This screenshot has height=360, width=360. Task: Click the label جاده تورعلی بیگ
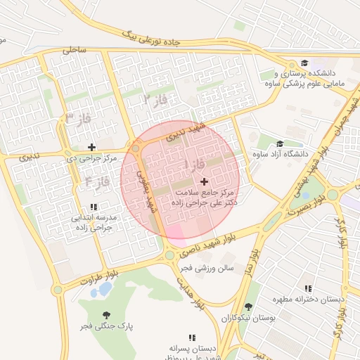151,37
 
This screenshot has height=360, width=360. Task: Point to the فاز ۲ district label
155,99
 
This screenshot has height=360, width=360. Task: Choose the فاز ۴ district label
97,181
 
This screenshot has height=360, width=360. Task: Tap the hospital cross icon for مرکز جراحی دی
91,147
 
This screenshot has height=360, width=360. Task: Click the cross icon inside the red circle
204,181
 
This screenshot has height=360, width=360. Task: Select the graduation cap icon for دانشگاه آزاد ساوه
280,143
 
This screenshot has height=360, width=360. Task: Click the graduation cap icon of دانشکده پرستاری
304,63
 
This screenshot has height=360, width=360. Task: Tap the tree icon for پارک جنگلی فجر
106,315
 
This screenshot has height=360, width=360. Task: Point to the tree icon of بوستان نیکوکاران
248,307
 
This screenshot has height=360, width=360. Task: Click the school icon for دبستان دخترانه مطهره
308,288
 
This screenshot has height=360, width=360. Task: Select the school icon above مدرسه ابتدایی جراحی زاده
93,207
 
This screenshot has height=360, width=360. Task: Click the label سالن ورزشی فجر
210,268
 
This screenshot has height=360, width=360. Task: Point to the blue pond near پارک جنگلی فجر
105,288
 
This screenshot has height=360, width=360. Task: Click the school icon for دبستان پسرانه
192,337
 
